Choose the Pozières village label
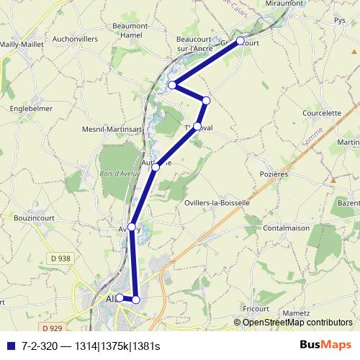tap(273, 174)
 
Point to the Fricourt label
tap(256, 308)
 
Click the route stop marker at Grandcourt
tap(240, 40)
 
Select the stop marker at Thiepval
tap(197, 126)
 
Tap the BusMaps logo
tap(325, 346)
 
